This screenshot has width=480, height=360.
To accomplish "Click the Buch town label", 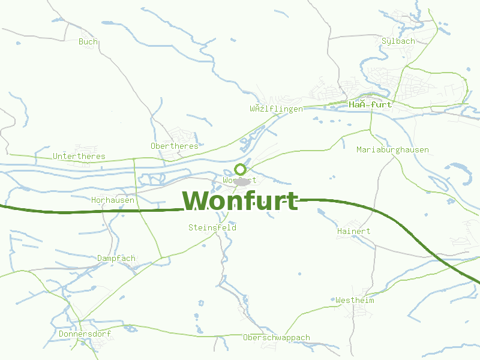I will [x=88, y=41].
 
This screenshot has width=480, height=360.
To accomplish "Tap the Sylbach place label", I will [x=398, y=41].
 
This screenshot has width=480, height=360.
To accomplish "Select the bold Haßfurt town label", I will [x=370, y=104].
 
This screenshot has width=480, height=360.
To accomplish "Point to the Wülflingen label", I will [x=276, y=109].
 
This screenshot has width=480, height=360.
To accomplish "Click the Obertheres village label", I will [x=174, y=146].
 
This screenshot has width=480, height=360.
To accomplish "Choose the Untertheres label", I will [x=79, y=156].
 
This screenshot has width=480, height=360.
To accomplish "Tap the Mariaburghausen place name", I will [x=392, y=149].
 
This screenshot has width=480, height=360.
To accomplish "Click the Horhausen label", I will [x=113, y=200].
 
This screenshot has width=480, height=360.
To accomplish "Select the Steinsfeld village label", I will [x=212, y=227].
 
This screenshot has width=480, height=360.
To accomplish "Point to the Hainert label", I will [x=353, y=231].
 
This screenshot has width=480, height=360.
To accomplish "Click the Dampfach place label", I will [x=116, y=258].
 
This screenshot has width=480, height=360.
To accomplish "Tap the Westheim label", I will [x=355, y=300].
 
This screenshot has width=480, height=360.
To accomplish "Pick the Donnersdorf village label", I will [x=85, y=334].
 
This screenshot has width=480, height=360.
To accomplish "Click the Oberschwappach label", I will [x=276, y=337].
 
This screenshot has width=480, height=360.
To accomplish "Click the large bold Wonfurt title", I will [x=240, y=200].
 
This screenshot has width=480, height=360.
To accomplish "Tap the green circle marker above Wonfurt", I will [x=240, y=169].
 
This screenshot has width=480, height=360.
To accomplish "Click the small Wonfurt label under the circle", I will [x=239, y=180].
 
